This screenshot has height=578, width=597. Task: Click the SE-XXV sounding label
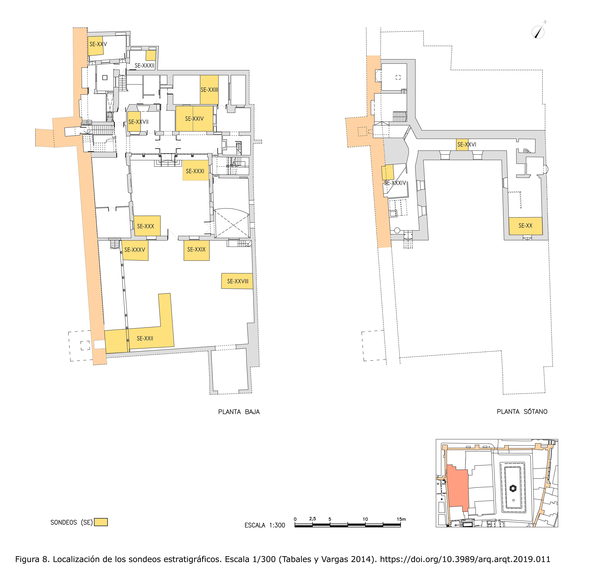tap(98, 44)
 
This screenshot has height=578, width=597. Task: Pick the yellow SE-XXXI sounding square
tap(196, 170)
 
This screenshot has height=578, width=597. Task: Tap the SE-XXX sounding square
tap(147, 226)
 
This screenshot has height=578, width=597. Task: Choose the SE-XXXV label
tap(135, 250)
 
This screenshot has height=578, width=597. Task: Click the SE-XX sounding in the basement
tap(525, 226)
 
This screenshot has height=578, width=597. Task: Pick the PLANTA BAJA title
tap(239, 412)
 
